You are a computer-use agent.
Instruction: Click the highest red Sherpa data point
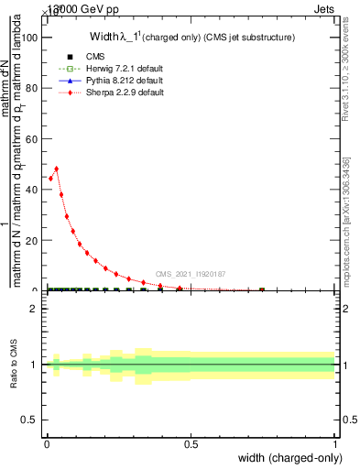pyautogui.click(x=57, y=169)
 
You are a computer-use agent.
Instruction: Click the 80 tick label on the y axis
pyautogui.click(x=31, y=88)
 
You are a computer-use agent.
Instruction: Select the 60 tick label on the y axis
pyautogui.click(x=31, y=138)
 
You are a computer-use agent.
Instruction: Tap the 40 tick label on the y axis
pyautogui.click(x=31, y=190)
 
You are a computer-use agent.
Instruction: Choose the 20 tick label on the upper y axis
pyautogui.click(x=31, y=240)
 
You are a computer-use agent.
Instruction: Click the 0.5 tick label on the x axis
pyautogui.click(x=191, y=444)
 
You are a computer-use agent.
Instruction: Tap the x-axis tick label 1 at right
pyautogui.click(x=335, y=444)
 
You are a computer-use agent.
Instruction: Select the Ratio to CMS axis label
pyautogui.click(x=15, y=365)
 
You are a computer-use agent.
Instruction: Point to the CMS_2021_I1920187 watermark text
pyautogui.click(x=191, y=274)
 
